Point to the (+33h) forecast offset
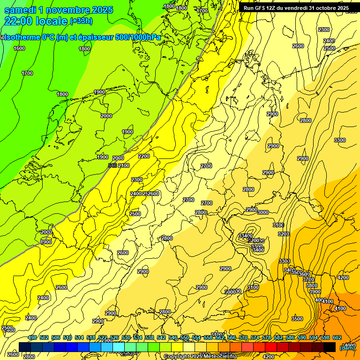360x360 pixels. (81, 21)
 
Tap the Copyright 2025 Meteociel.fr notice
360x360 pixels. (200, 357)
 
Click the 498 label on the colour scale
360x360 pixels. (32, 337)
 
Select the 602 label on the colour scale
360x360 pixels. (337, 337)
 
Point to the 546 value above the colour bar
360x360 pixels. (172, 337)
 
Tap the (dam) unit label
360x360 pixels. (347, 347)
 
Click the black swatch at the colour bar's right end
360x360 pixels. (329, 347)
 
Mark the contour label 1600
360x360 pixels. (19, 48)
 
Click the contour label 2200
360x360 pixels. (144, 156)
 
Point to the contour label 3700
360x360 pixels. (308, 279)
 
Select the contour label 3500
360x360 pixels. (297, 319)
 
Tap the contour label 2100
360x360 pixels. (124, 165)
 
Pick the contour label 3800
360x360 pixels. (311, 285)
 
